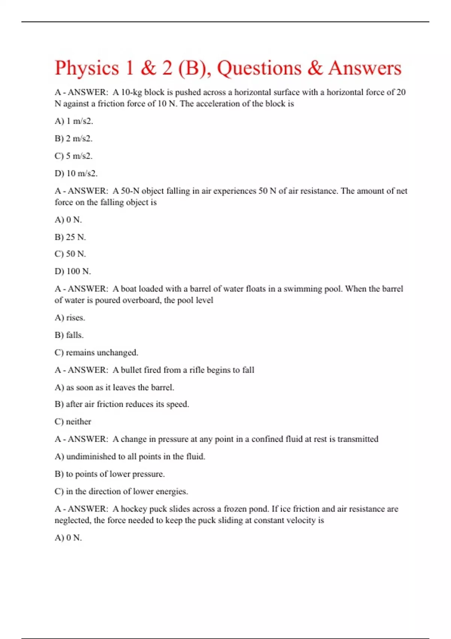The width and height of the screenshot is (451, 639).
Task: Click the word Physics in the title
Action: tap(87, 68)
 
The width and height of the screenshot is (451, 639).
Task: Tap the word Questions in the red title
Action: tap(259, 68)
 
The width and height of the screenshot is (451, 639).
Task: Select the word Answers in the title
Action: tap(365, 68)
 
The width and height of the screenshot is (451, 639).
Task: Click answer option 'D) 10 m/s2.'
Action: tap(76, 174)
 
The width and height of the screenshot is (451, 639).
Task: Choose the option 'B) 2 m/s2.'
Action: tap(74, 139)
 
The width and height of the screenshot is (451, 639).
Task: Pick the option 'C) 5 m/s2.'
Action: tap(74, 156)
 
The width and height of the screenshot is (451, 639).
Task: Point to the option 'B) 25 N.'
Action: tap(70, 237)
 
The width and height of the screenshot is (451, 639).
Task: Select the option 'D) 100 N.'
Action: tap(73, 271)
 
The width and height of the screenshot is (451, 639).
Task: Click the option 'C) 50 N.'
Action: tap(70, 254)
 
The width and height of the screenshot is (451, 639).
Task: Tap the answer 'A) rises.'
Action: tap(70, 318)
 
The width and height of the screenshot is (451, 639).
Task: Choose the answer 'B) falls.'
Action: tap(69, 335)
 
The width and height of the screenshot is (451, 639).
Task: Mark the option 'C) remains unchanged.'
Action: tap(97, 353)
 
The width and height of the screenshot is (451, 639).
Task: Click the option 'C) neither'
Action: tap(73, 422)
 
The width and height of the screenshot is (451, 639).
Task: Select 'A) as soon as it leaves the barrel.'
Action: tap(114, 388)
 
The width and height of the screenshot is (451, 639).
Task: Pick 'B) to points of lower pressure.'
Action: tap(110, 474)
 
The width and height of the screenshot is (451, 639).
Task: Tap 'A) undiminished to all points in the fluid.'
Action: tap(130, 457)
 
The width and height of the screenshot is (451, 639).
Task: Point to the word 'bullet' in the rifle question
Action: tap(131, 370)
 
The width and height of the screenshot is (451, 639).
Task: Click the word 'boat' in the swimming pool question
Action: tap(129, 289)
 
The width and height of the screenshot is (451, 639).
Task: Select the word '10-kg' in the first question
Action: tap(131, 92)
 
